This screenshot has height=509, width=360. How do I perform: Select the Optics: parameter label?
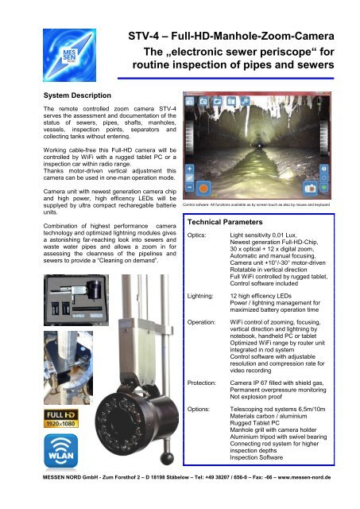coord(198,237)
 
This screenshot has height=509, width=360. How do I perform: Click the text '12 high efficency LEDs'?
coord(263,295)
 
